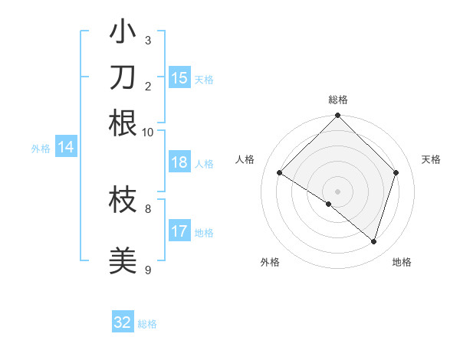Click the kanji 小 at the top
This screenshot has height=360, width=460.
[123, 34]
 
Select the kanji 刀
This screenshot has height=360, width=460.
[123, 78]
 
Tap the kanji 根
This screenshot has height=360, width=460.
[123, 123]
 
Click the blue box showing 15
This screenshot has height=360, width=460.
[179, 77]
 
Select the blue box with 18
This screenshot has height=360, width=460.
[179, 162]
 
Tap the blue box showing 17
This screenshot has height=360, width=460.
[179, 231]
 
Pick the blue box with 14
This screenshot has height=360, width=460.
[66, 148]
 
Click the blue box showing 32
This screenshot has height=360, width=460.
[123, 322]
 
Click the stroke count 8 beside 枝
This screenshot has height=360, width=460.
[148, 208]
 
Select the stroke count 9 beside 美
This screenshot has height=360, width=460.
[148, 270]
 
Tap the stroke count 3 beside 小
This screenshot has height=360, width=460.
[148, 41]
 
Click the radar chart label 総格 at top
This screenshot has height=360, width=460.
[337, 100]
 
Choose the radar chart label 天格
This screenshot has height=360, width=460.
[432, 159]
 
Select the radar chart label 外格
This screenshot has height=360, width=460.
[270, 262]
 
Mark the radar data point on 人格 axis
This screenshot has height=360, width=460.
[280, 173]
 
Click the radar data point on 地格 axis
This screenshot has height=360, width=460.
[373, 241]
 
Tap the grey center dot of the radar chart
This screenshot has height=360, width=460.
[337, 191]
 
